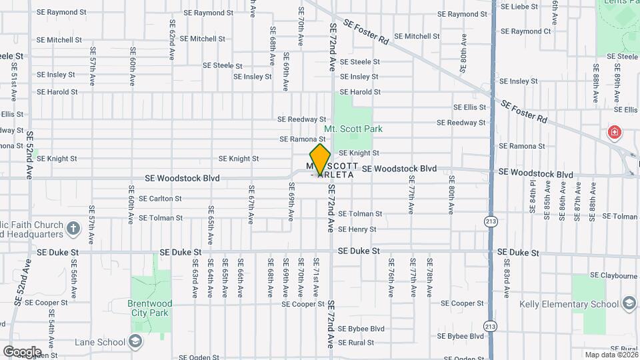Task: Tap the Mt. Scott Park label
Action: pyautogui.click(x=353, y=129)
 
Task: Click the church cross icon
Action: pyautogui.click(x=73, y=229)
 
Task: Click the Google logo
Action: pyautogui.click(x=21, y=351)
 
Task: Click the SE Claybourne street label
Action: pyautogui.click(x=614, y=275)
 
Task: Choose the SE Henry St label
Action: pyautogui.click(x=357, y=229)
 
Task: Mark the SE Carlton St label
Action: pyautogui.click(x=159, y=199)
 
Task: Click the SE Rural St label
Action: pyautogui.click(x=356, y=343)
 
